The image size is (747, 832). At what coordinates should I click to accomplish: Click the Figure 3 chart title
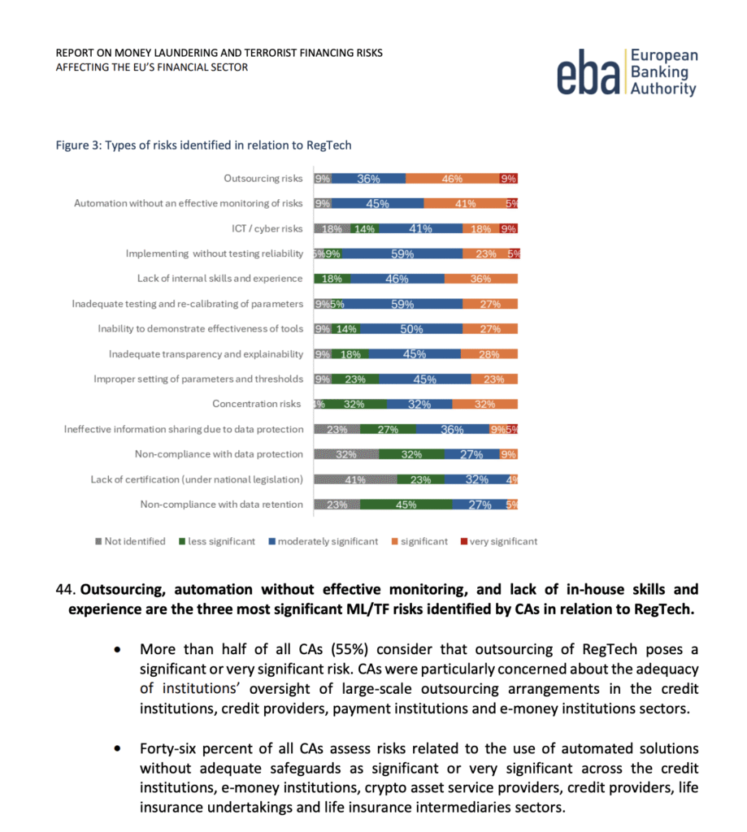[203, 145]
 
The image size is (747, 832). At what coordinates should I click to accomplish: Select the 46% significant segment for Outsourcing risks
[452, 179]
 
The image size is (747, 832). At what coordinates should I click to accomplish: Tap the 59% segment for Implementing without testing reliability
[402, 253]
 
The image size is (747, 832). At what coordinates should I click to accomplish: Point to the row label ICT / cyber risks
[267, 228]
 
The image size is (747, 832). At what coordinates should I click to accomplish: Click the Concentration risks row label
[257, 404]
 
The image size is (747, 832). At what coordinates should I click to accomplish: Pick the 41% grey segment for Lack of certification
[355, 479]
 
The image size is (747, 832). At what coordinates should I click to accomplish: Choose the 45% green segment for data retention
[406, 505]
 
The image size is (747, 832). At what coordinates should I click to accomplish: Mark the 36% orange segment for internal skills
[480, 279]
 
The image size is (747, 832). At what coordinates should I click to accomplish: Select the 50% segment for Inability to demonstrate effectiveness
[410, 329]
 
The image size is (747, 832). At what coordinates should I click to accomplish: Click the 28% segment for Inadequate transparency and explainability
[489, 354]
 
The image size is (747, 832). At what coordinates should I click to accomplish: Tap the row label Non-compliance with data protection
[219, 454]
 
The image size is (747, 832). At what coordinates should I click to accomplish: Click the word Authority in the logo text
[663, 89]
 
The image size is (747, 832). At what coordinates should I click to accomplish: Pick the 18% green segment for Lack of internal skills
[332, 279]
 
